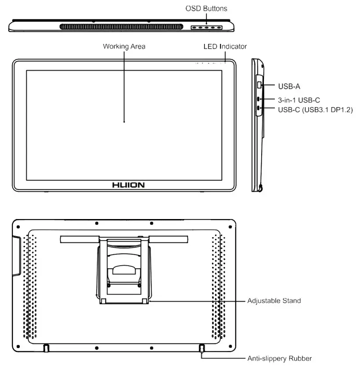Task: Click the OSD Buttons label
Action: pos(206,8)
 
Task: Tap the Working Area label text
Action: pos(124,46)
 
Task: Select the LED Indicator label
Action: pos(225,46)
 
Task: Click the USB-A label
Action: pos(289,86)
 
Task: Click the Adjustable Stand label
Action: pos(274,301)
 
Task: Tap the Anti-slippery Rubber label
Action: pos(279,358)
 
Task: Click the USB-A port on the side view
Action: pos(259,84)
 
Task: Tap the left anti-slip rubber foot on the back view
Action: pos(46,347)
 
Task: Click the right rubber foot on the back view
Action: pos(202,347)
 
